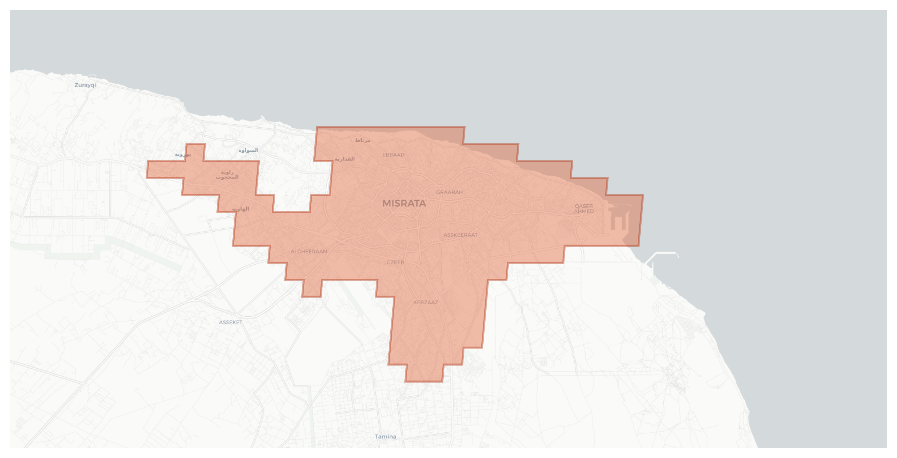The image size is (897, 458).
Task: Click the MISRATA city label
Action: pyautogui.click(x=404, y=204)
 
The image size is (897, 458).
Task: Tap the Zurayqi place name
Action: pyautogui.click(x=85, y=85)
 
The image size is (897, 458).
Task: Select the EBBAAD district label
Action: pyautogui.click(x=393, y=155)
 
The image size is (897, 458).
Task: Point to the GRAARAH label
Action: pyautogui.click(x=449, y=192)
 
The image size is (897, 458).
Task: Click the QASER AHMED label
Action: pyautogui.click(x=584, y=209)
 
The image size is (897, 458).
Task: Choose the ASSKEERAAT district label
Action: pyautogui.click(x=460, y=235)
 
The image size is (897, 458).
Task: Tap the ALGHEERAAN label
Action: pyautogui.click(x=308, y=252)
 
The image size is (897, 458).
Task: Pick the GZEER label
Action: pyautogui.click(x=395, y=262)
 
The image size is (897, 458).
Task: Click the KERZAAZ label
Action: pyautogui.click(x=425, y=302)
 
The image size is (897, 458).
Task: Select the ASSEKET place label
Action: pyautogui.click(x=230, y=322)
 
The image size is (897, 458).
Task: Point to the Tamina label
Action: pyautogui.click(x=385, y=437)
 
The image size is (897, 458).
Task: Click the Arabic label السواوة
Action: pyautogui.click(x=248, y=150)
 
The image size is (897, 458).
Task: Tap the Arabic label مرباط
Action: pyautogui.click(x=362, y=140)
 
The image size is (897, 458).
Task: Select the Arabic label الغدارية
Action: pyautogui.click(x=345, y=159)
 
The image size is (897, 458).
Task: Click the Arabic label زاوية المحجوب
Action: pyautogui.click(x=227, y=174)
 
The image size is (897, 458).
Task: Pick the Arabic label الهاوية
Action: pyautogui.click(x=240, y=209)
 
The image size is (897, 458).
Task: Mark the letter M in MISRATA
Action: pyautogui.click(x=386, y=204)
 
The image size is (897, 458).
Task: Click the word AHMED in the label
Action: pyautogui.click(x=584, y=211)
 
